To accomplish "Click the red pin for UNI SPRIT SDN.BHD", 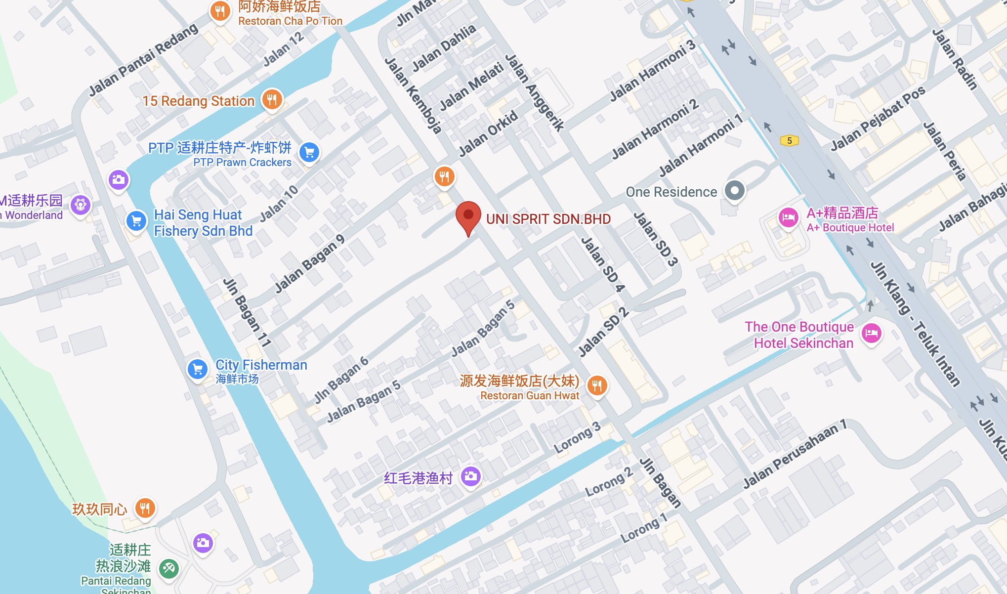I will [468, 216].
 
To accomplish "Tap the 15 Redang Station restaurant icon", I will [272, 100].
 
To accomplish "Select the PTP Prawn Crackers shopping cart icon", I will [309, 153].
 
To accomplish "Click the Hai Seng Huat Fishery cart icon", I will [136, 221].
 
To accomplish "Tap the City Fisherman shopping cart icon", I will [198, 369].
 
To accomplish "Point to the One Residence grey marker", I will [734, 191].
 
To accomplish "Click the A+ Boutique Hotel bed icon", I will [788, 217].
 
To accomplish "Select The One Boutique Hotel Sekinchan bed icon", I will [872, 333].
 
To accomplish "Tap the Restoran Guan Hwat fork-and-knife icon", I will [597, 385].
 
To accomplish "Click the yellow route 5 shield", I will [789, 141].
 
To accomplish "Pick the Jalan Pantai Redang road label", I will [143, 60].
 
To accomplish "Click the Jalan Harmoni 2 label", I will [655, 129].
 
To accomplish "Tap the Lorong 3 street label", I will [577, 438].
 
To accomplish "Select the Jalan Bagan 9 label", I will [310, 264].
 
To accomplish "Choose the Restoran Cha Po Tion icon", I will [220, 11].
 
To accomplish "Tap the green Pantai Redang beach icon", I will [168, 568].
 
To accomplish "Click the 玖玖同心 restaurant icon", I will [145, 508].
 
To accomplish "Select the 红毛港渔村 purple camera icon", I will [471, 476].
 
